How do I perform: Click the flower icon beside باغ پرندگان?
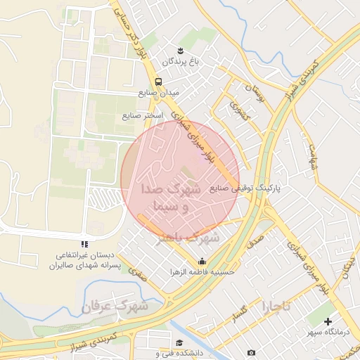[x=181, y=49]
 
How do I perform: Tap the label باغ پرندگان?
[x=181, y=61]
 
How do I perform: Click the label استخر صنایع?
[x=143, y=115]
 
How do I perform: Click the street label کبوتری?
[x=237, y=108]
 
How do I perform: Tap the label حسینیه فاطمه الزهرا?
[x=203, y=271]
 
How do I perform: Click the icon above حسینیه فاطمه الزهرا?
[x=203, y=260]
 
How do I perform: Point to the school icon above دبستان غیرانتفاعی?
[x=84, y=244]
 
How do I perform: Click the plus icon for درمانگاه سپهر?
[x=328, y=321]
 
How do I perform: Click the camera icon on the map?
[x=251, y=352]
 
